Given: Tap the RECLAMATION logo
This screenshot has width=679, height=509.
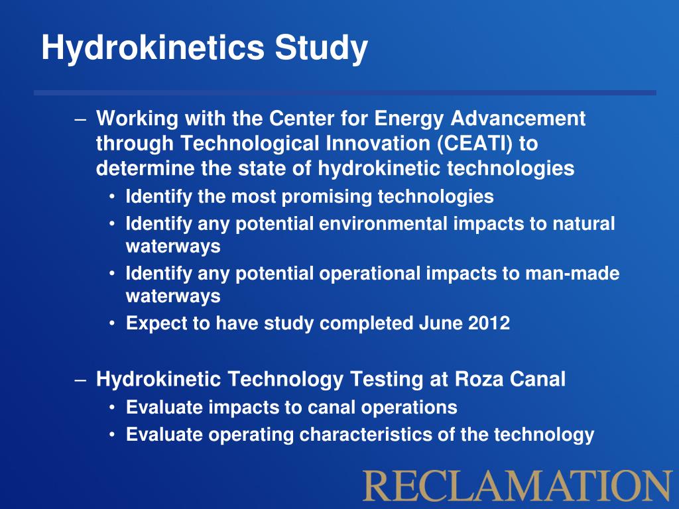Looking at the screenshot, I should tap(518, 485).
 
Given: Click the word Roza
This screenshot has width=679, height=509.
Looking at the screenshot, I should tap(479, 380).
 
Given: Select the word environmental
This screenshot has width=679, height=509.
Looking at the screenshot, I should tap(383, 224).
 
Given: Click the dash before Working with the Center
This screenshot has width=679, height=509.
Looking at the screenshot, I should tap(80, 120).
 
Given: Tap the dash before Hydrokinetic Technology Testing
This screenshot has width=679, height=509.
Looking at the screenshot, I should tap(80, 380).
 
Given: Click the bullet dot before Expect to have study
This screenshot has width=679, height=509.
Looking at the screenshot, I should tap(113, 324).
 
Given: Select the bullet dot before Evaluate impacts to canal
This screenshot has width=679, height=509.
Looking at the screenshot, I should tap(113, 407).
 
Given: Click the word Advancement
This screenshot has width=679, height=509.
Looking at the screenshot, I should tap(519, 119).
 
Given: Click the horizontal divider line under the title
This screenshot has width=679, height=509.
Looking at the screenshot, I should tap(345, 93).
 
